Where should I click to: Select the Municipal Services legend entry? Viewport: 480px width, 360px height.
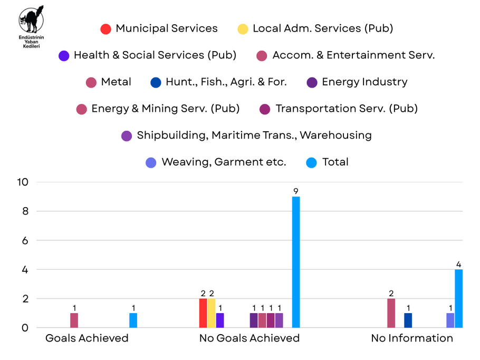point(159,28)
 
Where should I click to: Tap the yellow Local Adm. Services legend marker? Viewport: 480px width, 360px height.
point(243,29)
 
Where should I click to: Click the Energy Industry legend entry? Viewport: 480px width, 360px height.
point(357,82)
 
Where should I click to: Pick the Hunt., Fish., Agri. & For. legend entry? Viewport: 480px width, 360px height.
point(218,82)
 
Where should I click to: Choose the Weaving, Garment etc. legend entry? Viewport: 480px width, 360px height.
point(216,162)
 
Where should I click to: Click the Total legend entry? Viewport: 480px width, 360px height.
point(328,162)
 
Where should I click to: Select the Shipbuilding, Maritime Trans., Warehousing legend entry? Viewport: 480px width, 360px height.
point(246,135)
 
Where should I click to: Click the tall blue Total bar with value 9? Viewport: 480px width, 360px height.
point(296,262)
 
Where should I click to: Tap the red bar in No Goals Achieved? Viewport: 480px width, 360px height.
point(203,313)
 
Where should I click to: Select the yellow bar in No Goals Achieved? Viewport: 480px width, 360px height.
point(212,313)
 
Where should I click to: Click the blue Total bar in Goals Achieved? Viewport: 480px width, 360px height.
point(133,320)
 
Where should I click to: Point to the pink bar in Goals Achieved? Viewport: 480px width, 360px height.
point(74,320)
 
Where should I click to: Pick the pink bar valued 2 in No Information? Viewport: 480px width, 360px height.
point(391,313)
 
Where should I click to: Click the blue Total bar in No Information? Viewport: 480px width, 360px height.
point(459,298)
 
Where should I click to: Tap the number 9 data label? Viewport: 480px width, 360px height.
point(296,191)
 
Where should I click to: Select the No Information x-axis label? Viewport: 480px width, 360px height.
point(412,338)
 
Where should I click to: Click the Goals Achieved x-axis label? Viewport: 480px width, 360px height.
point(87,338)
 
